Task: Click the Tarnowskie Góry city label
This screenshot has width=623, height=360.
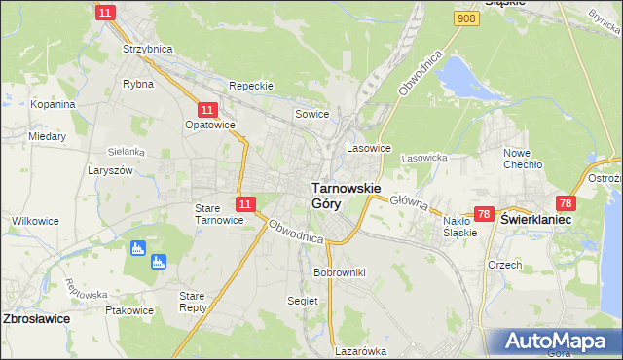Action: tap(346, 195)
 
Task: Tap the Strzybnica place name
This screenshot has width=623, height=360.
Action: tap(146, 48)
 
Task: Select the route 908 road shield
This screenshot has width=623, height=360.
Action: tap(465, 18)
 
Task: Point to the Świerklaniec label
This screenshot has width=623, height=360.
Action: tap(535, 221)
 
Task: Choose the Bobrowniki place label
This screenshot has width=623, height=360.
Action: tap(339, 272)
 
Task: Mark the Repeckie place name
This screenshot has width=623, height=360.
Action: tap(250, 86)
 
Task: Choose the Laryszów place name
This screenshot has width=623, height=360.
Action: tap(111, 169)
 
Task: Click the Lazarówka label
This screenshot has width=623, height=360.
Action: tap(360, 351)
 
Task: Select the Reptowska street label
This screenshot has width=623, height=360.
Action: tap(87, 289)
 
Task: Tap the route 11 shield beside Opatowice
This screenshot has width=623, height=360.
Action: tap(206, 111)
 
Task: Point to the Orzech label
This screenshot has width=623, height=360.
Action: tap(505, 265)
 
